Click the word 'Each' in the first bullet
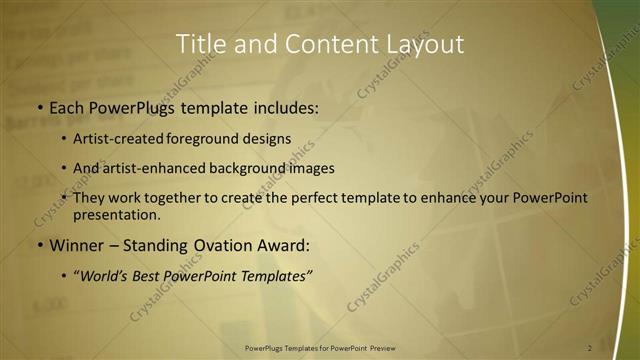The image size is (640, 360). point(69,107)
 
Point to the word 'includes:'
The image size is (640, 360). point(284,107)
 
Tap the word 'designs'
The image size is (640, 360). point(267,139)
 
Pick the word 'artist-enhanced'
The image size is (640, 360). point(153,168)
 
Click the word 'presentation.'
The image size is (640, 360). point(117,214)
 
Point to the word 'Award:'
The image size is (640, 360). point(283,244)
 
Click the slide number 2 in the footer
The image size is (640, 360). point(589,348)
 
